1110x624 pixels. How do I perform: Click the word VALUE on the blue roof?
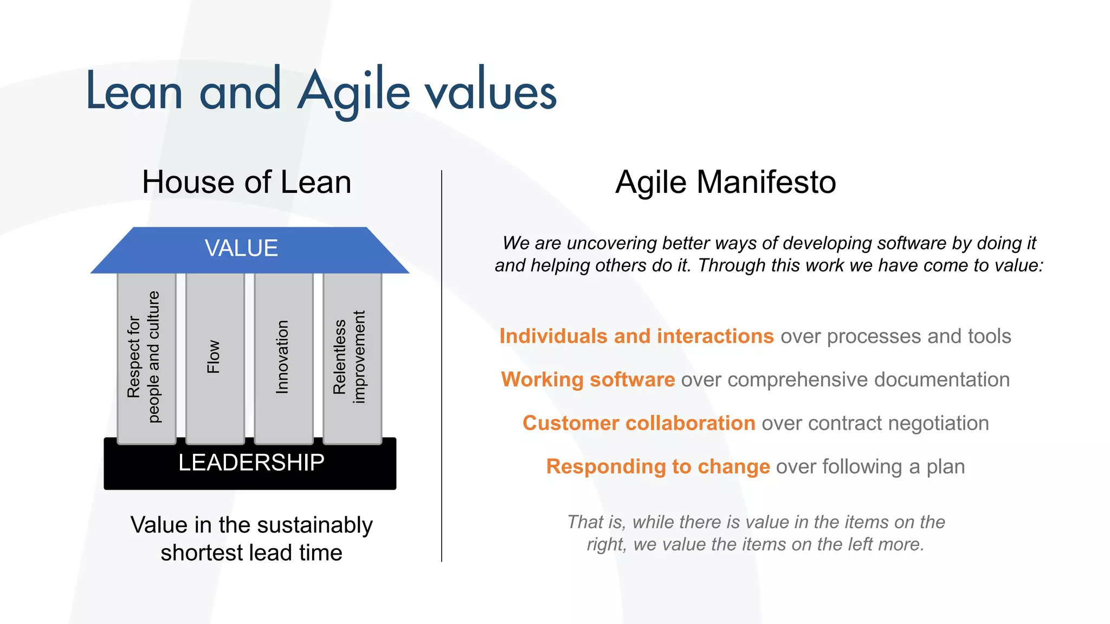pyautogui.click(x=241, y=249)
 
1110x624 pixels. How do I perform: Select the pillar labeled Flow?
pyautogui.click(x=215, y=357)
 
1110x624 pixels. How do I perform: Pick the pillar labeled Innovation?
pyautogui.click(x=283, y=357)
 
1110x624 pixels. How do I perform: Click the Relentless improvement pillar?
pyautogui.click(x=352, y=357)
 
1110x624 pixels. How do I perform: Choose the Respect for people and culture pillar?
pyautogui.click(x=146, y=357)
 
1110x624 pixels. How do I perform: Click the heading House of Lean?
pyautogui.click(x=247, y=182)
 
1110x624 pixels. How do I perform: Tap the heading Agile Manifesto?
pyautogui.click(x=726, y=182)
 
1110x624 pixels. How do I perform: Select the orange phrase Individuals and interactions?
pyautogui.click(x=636, y=336)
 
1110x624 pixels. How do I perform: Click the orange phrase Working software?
pyautogui.click(x=588, y=380)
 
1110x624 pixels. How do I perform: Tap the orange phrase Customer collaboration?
pyautogui.click(x=638, y=423)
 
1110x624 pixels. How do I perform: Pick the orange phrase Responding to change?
pyautogui.click(x=657, y=467)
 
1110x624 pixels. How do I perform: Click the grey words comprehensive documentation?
pyautogui.click(x=868, y=380)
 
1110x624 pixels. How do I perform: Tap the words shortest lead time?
pyautogui.click(x=251, y=553)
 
